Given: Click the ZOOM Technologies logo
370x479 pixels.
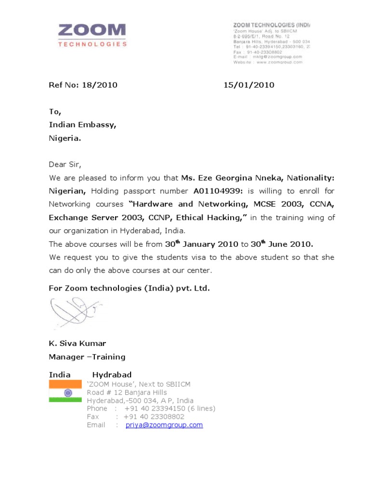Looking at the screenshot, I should coord(92,35).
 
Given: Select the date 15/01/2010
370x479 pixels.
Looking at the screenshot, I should coord(249,85).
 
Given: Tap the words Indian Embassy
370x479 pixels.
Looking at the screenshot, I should coord(82,125).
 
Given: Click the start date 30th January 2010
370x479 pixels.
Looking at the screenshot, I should coord(201,244).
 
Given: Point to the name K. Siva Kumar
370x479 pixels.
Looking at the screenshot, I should coord(77,344).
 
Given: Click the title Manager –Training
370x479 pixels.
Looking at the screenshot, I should coord(87,357).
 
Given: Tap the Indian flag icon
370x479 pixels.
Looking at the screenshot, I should coord(65,391).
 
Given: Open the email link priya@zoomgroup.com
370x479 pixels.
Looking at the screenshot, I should coord(164,425).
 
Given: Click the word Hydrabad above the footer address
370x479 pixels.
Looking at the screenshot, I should coord(112,375).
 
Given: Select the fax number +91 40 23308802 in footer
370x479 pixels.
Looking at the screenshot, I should coord(154,417).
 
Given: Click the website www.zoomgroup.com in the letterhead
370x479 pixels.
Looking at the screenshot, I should coord(279,62).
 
